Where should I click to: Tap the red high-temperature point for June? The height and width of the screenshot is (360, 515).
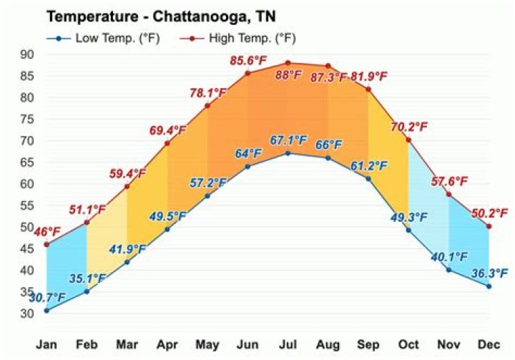tap(247, 73)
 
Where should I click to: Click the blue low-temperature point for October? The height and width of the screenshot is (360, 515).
tap(408, 230)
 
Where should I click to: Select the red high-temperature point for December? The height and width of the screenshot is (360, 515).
tap(489, 226)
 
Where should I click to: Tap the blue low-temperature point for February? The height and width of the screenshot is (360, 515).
tap(87, 291)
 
